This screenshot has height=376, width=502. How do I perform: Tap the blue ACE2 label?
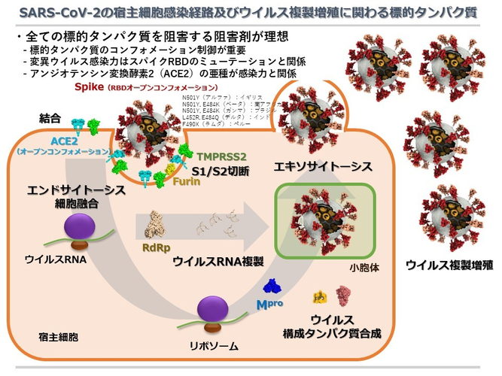(65, 140)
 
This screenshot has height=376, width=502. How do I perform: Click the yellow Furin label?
(185, 181)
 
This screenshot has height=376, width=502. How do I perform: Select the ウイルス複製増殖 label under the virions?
(450, 264)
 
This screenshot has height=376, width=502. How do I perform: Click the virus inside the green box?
(324, 220)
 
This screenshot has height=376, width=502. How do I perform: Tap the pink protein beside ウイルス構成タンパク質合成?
(344, 293)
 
